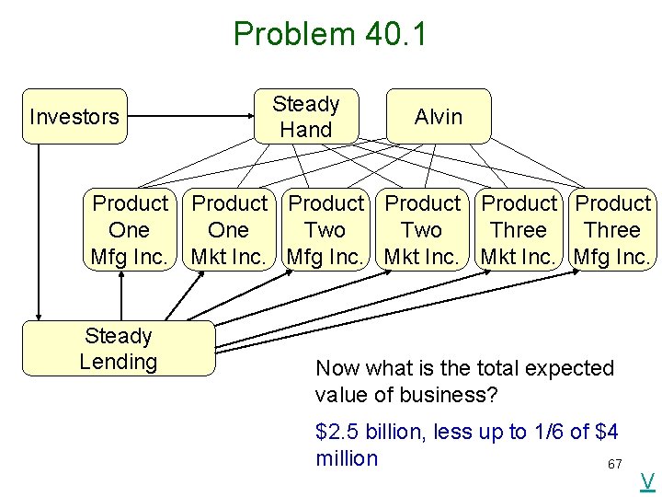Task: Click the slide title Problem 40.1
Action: (330, 34)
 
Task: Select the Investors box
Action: (74, 117)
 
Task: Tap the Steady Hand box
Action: (306, 117)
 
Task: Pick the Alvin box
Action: (439, 117)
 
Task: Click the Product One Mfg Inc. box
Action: (130, 230)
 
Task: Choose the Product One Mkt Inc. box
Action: (229, 230)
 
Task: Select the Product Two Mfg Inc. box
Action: (325, 230)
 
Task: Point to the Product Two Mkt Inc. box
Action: (422, 230)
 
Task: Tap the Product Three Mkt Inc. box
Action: (519, 230)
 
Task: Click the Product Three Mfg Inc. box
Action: (612, 230)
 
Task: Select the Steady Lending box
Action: (118, 349)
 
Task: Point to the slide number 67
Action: (615, 464)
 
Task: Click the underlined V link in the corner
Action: (647, 480)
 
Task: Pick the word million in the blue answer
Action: (347, 458)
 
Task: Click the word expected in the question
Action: (566, 368)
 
